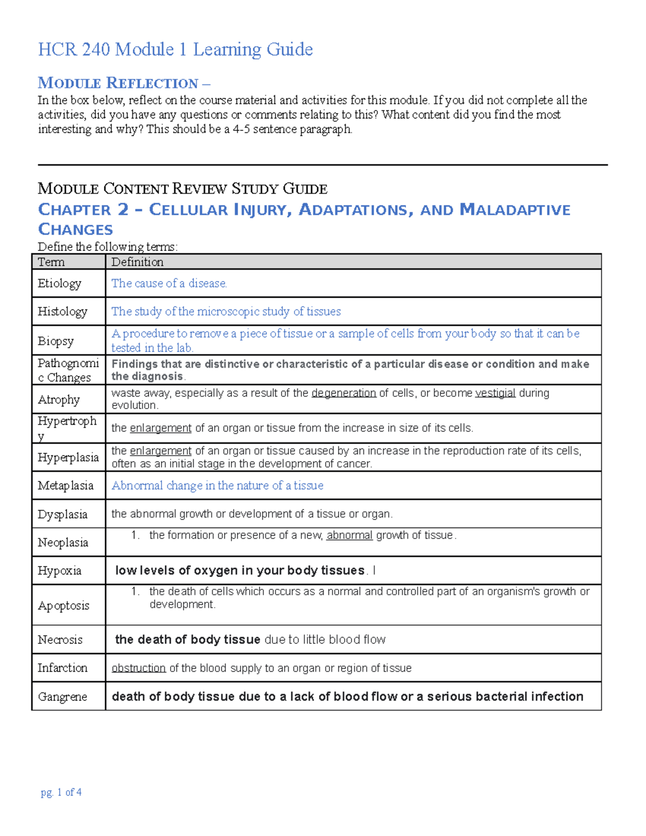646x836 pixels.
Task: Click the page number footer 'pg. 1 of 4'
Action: [x=61, y=792]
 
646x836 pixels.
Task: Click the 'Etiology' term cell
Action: [x=59, y=283]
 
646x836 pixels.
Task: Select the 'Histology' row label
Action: [x=62, y=311]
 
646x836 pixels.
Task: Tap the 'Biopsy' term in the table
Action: [x=55, y=341]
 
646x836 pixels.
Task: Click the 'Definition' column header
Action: [x=137, y=262]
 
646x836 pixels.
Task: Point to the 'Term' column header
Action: [x=51, y=262]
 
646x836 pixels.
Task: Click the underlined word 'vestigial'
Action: [x=495, y=393]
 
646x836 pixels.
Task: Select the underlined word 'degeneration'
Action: [x=343, y=393]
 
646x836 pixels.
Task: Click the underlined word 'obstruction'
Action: [x=138, y=668]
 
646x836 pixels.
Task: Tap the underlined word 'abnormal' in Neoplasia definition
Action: [x=349, y=535]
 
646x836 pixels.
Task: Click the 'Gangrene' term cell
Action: [x=62, y=697]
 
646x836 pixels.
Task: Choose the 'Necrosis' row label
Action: [x=60, y=640]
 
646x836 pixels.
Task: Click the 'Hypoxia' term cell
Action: [x=59, y=571]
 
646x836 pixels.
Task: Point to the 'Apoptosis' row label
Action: [x=63, y=606]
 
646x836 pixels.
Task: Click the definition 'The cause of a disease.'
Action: [x=169, y=283]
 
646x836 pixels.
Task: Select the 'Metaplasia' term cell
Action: [x=65, y=486]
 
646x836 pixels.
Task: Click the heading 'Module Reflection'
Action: [x=118, y=83]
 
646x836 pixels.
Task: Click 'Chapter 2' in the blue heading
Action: [x=83, y=209]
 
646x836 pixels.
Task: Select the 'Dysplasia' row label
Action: [x=62, y=514]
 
